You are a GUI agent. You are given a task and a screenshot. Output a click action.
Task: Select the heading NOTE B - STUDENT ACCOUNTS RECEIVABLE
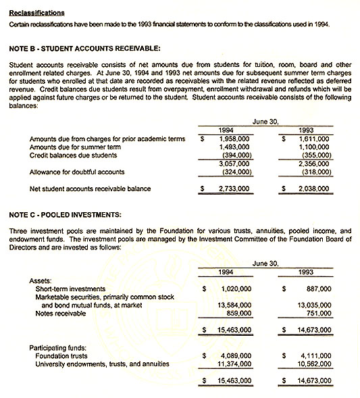pos(85,48)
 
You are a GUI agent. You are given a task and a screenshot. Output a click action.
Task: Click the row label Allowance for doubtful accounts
pos(76,172)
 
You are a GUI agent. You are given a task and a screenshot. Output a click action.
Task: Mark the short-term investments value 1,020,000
pos(236,289)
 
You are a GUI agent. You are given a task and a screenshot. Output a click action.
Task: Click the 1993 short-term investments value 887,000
pos(317,289)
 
